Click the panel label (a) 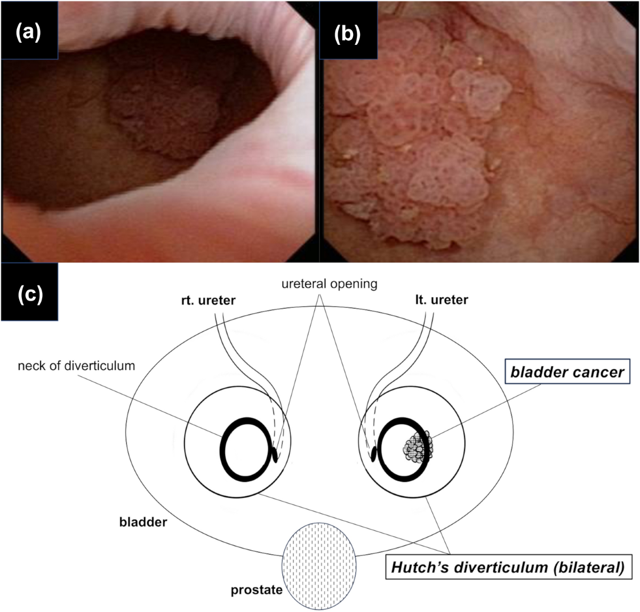pos(28,33)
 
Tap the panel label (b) pos(347,33)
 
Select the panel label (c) pos(29,294)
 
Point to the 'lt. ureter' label pos(442,300)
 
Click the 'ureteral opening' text pos(329,284)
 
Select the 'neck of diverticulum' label pos(76,366)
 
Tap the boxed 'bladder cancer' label pos(567,371)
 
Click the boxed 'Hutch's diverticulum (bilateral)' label pos(507,567)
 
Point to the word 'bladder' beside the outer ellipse pos(143,521)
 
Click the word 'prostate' pos(257,591)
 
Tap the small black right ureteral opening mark pos(275,455)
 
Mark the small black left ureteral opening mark pos(373,454)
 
